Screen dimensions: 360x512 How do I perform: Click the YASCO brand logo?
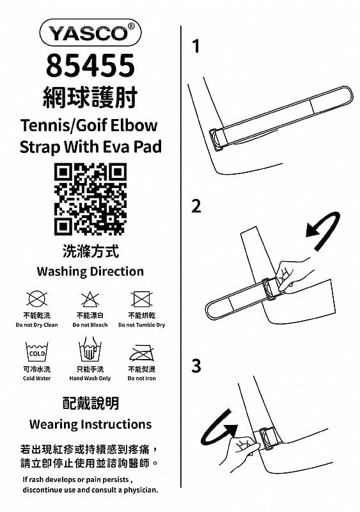90,33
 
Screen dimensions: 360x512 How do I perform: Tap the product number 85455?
90,65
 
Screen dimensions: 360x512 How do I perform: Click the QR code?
90,199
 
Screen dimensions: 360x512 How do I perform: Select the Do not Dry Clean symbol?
36,299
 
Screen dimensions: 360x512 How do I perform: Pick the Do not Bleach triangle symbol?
90,299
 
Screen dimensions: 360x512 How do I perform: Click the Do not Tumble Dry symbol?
141,299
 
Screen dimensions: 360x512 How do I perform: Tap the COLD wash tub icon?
37,351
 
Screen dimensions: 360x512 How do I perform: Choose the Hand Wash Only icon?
90,349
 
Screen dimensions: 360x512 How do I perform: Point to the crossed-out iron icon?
142,353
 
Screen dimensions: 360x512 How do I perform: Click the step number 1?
196,46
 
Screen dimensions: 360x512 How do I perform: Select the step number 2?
196,206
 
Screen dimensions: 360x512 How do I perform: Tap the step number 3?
196,365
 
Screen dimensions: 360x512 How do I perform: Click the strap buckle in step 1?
217,140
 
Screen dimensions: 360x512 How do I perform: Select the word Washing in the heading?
62,271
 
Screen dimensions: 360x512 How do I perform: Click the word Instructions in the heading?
116,424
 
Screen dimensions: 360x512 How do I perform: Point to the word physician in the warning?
141,490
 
